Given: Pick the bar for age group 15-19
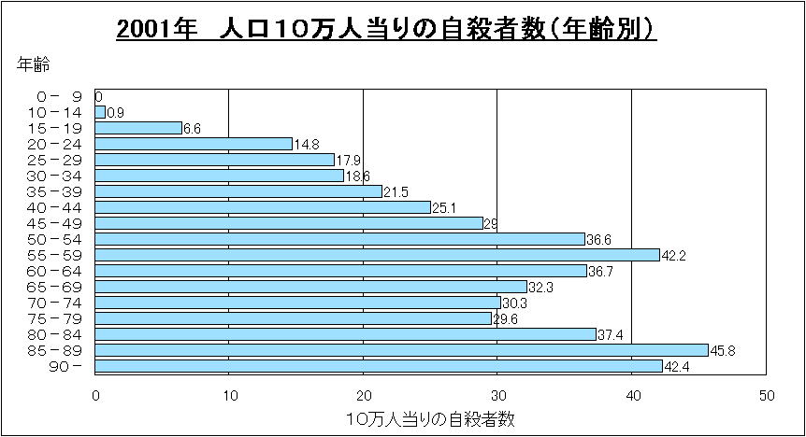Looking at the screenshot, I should point(139,128).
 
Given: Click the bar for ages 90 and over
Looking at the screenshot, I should point(379,366).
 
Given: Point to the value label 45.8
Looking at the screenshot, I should point(723,351).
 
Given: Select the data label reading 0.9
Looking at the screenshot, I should point(116,113).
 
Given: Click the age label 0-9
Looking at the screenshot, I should point(58,96).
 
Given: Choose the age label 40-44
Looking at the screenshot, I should point(58,207).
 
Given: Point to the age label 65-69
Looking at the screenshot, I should point(58,287).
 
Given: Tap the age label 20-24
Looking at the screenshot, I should point(58,144).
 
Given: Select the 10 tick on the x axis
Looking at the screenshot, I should point(229,395).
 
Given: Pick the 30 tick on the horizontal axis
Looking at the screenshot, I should point(497,395).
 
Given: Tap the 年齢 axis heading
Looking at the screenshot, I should point(34,64).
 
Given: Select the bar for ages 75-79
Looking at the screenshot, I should point(294,318).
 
